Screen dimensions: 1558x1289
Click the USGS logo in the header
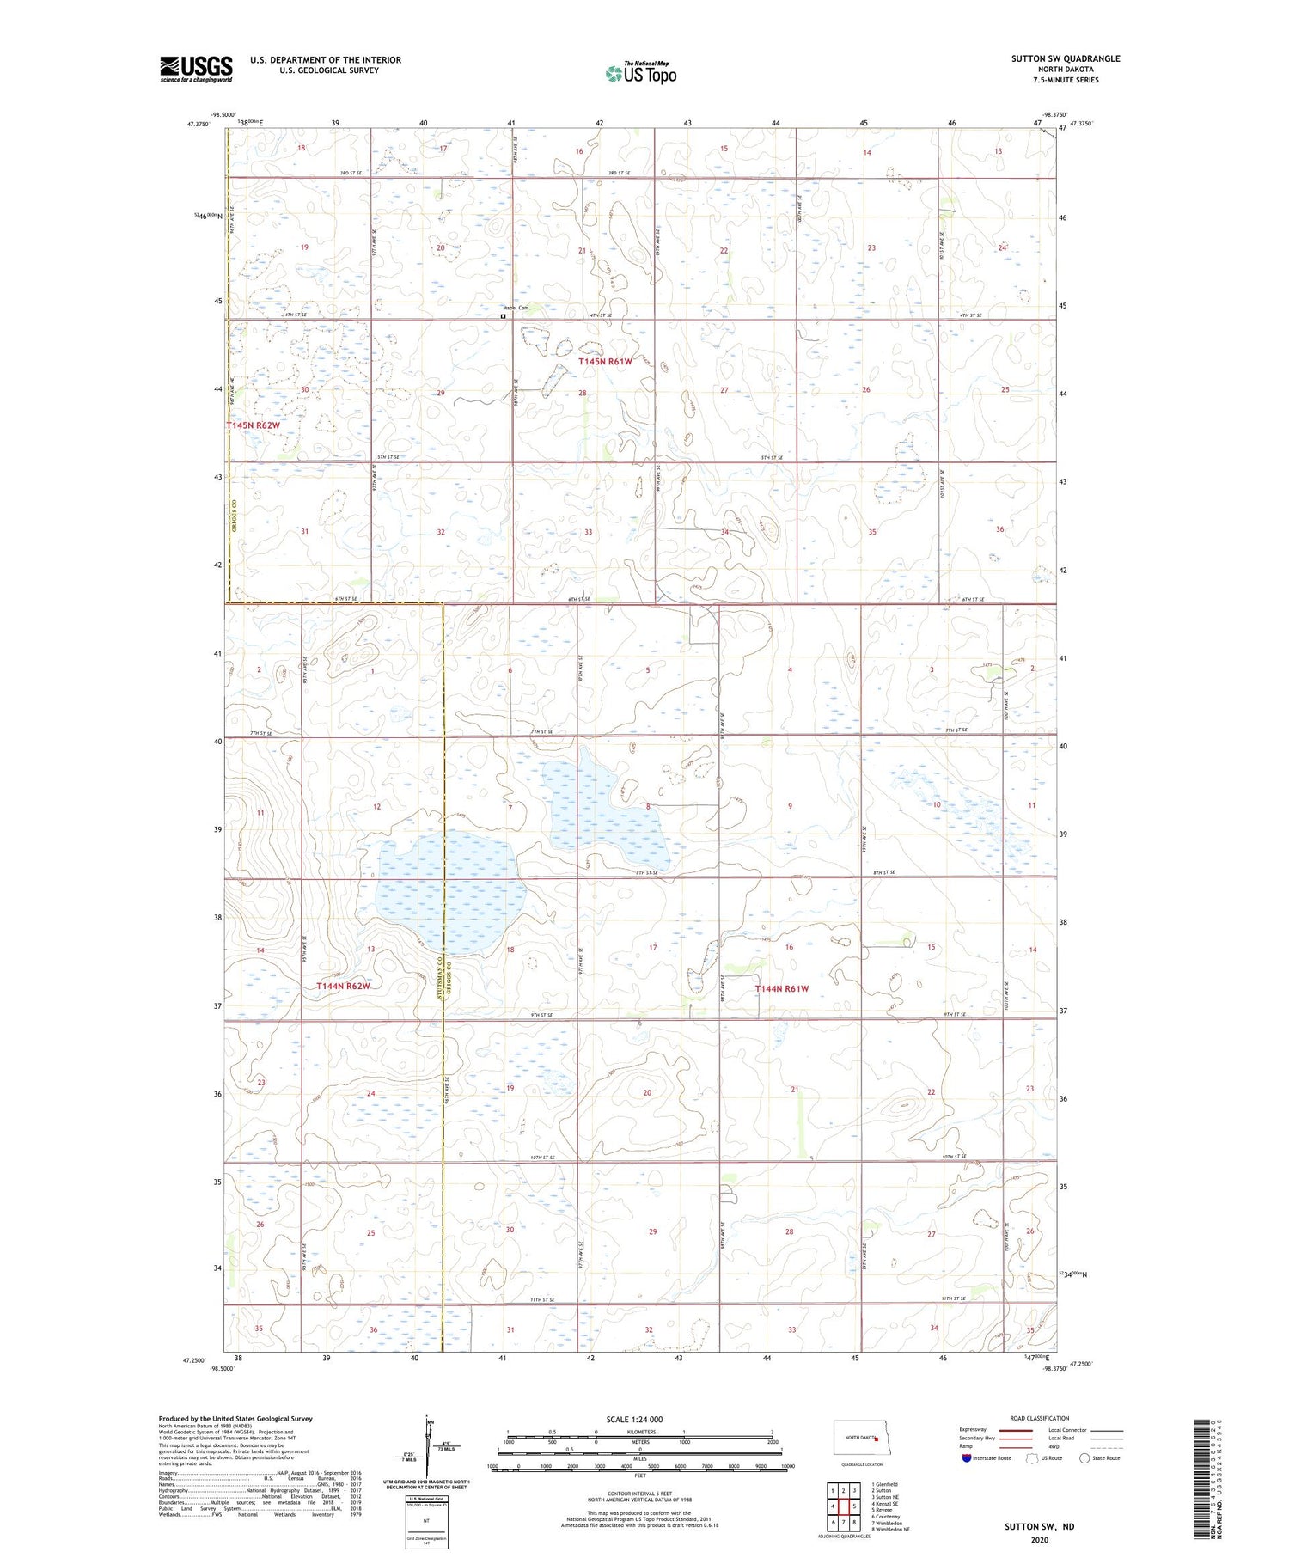click(196, 69)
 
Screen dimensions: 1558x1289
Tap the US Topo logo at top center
click(640, 74)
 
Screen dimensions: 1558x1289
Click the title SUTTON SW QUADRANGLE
click(1065, 58)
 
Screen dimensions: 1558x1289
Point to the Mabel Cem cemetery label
click(516, 308)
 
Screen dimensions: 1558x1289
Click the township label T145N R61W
click(605, 362)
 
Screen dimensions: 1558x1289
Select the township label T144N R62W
click(343, 986)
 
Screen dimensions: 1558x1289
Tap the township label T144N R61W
click(781, 988)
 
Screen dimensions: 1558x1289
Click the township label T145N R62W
click(254, 425)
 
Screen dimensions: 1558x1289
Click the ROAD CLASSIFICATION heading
click(1039, 1418)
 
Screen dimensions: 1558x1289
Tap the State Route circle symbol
click(1084, 1458)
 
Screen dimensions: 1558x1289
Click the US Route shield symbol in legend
click(1032, 1458)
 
